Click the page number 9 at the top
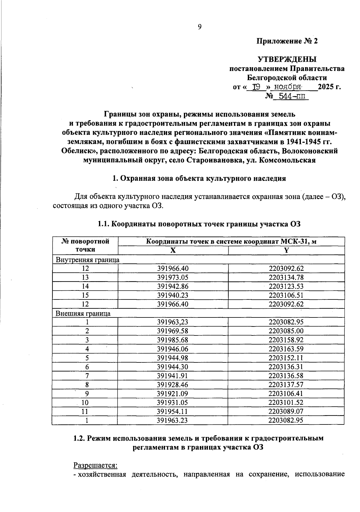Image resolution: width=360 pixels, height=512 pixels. click(x=199, y=27)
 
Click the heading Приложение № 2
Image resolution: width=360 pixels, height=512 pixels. click(x=287, y=41)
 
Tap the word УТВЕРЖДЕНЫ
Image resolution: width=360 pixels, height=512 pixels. click(x=287, y=59)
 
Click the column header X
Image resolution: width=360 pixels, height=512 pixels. click(x=173, y=251)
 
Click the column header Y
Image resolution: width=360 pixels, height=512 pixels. click(x=286, y=251)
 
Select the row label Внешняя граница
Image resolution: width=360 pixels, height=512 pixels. click(x=83, y=314)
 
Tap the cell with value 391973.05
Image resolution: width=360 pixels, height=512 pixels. click(x=173, y=278)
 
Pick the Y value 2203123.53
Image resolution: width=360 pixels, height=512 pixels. click(x=286, y=286)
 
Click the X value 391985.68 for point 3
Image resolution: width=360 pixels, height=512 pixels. click(x=173, y=340)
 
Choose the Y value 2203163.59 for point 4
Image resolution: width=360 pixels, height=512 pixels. click(x=286, y=349)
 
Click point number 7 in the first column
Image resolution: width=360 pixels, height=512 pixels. click(x=85, y=376)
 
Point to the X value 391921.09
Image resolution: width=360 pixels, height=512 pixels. click(x=173, y=394)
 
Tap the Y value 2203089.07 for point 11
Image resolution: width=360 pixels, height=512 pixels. click(x=286, y=412)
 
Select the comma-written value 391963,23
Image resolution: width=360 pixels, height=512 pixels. click(x=173, y=322)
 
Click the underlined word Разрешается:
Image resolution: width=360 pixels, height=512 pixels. click(x=95, y=466)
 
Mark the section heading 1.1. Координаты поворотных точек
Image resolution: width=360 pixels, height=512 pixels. click(x=199, y=224)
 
